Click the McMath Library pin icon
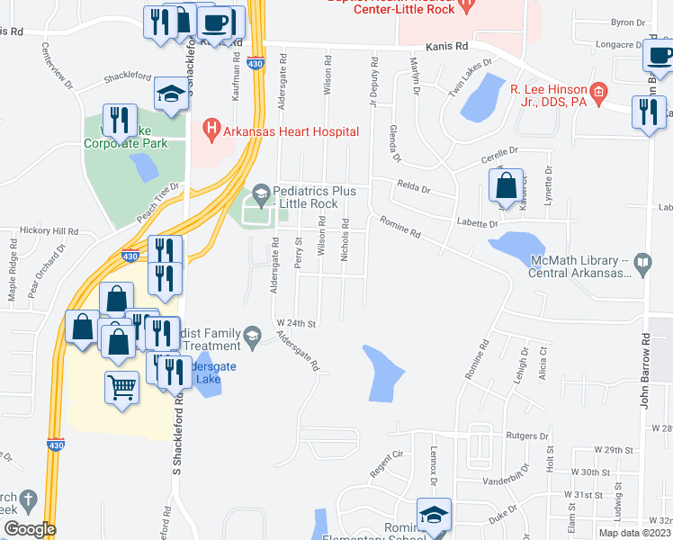click(x=642, y=265)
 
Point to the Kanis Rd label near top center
click(x=448, y=45)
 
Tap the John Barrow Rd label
click(x=645, y=371)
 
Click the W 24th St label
click(x=297, y=322)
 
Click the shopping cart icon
click(x=121, y=388)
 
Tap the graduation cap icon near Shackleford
click(x=170, y=94)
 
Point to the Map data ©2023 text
click(x=633, y=533)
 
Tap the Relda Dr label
click(x=414, y=189)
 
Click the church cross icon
click(x=29, y=499)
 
